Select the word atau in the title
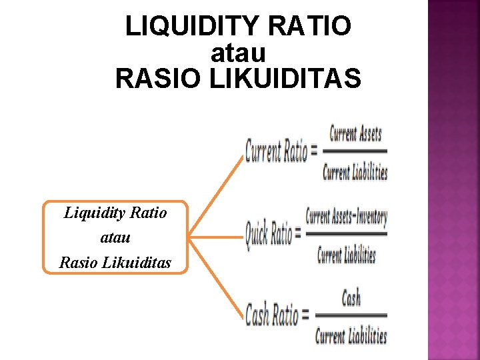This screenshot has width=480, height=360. point(238,53)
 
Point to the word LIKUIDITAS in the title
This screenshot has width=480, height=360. point(285,79)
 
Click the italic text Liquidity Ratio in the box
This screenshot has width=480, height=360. point(115,213)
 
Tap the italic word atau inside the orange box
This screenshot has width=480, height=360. point(115,237)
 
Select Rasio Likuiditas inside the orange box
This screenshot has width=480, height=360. point(115,262)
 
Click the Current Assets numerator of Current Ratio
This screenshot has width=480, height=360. point(355,133)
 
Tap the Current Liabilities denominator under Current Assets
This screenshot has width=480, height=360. point(355,173)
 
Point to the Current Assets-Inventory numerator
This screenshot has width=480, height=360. point(346,217)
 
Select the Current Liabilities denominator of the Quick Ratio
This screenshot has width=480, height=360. point(346,255)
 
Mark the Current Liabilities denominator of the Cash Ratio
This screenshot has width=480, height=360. point(351,335)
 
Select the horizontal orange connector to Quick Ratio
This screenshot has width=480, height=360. point(215,235)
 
